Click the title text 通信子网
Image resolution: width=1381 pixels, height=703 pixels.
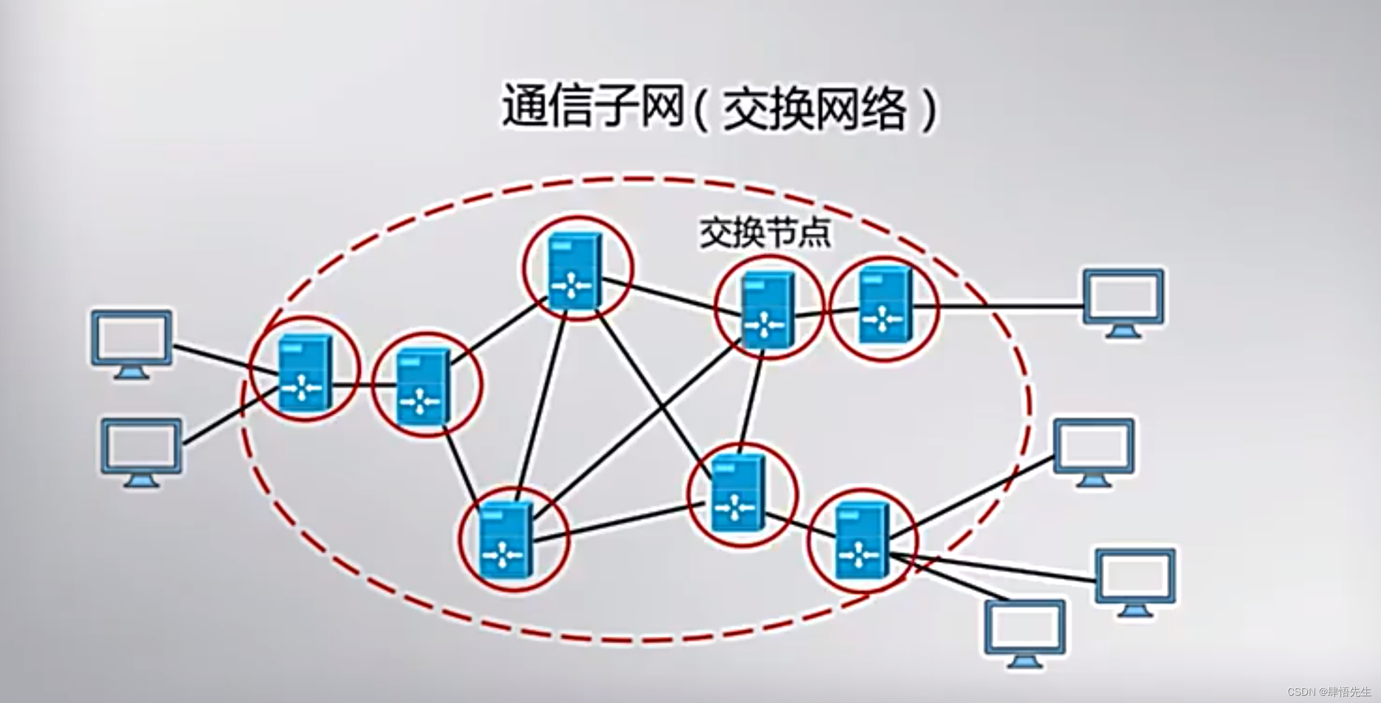[593, 108]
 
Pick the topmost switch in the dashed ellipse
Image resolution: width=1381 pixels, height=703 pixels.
[575, 270]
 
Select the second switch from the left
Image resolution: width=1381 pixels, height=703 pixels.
[424, 386]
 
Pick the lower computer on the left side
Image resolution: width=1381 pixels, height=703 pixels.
[141, 451]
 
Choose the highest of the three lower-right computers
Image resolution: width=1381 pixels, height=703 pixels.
[1093, 451]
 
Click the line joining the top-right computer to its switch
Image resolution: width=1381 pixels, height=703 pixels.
[998, 305]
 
